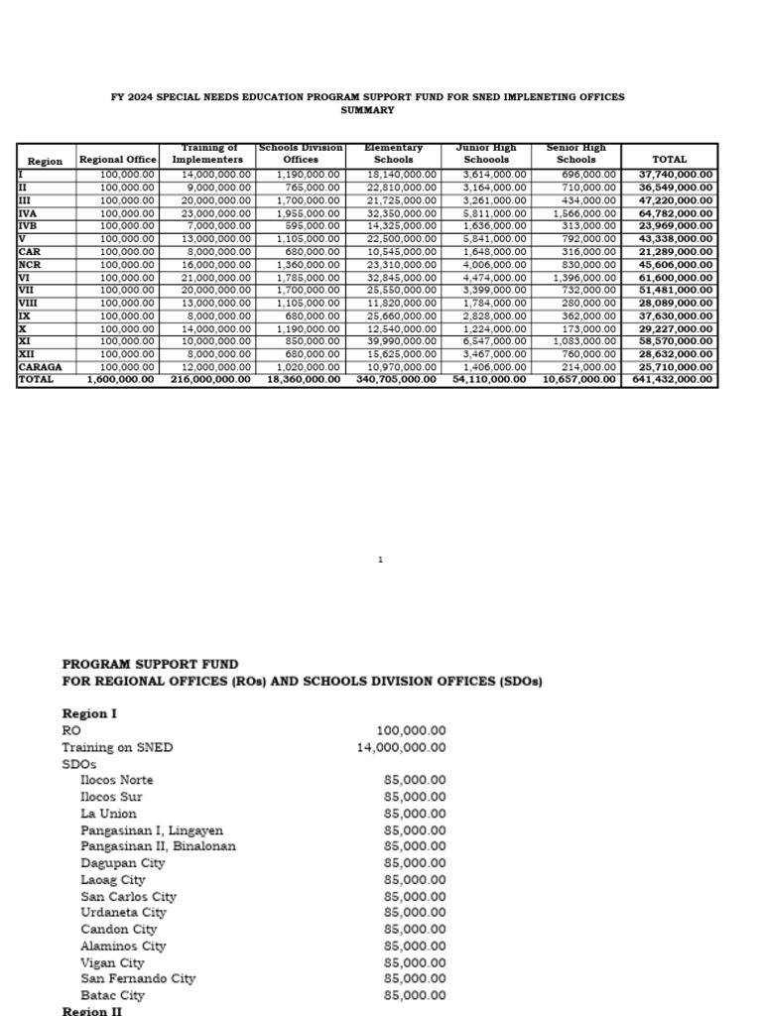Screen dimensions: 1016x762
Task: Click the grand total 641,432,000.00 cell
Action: click(x=673, y=379)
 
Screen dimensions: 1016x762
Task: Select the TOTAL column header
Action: click(x=668, y=160)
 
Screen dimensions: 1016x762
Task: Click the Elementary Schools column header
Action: click(x=394, y=154)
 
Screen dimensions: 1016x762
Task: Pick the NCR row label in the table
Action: click(x=30, y=265)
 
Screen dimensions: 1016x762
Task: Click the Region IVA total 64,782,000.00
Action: click(x=673, y=213)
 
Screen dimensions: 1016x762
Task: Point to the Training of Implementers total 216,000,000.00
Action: click(x=210, y=379)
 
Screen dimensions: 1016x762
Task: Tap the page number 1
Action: click(x=380, y=561)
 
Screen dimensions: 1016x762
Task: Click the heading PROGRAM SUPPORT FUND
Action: click(x=150, y=664)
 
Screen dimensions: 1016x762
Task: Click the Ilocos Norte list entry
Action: click(x=117, y=780)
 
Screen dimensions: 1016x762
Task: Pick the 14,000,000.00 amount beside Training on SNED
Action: click(x=401, y=747)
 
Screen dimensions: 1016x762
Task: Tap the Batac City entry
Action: click(x=112, y=995)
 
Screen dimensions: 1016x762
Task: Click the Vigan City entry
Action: click(x=112, y=962)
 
